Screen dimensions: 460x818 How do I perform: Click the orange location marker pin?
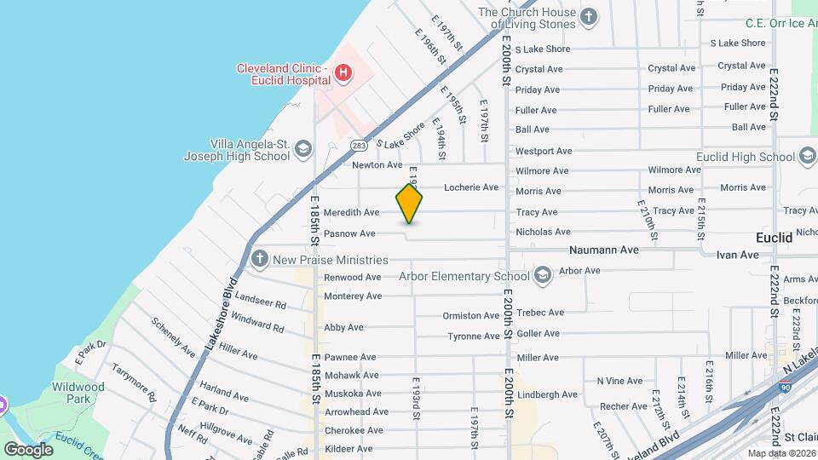click(x=409, y=204)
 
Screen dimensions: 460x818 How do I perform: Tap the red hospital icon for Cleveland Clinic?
click(x=343, y=73)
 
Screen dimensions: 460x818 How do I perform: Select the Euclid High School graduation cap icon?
click(x=808, y=157)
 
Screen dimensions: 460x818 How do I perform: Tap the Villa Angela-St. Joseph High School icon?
click(x=302, y=151)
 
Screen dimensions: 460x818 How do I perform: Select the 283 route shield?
click(x=359, y=147)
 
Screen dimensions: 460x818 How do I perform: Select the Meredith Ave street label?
click(x=351, y=212)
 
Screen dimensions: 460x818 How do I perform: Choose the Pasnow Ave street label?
click(x=349, y=233)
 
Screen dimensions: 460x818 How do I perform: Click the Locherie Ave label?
click(x=471, y=187)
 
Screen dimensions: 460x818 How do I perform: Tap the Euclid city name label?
click(x=775, y=238)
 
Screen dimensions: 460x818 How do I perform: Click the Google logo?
click(x=27, y=449)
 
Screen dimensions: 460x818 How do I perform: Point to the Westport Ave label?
click(x=544, y=151)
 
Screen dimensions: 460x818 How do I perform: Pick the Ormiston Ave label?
click(x=471, y=316)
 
